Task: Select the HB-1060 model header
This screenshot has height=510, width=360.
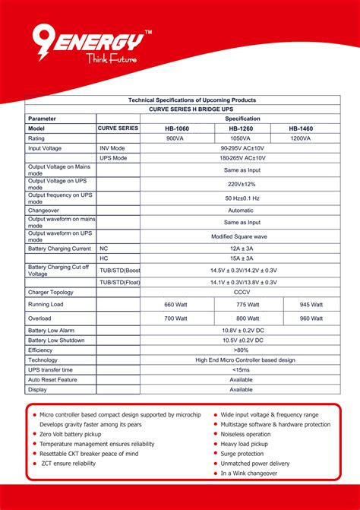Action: point(175,128)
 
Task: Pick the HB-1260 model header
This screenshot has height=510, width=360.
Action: point(240,128)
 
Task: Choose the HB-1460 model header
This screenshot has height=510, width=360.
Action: point(300,128)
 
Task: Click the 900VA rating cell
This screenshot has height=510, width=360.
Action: point(175,138)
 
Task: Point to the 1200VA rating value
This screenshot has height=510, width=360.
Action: point(300,138)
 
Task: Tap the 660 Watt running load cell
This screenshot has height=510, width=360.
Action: point(175,304)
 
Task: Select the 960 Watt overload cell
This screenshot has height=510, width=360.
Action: point(300,318)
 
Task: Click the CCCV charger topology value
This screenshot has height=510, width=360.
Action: point(241,292)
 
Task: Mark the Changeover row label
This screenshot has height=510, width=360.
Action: point(43,210)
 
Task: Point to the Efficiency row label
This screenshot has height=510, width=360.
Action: point(42,350)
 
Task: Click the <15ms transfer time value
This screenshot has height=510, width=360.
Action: point(241,369)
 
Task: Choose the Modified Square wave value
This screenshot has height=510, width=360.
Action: point(240,236)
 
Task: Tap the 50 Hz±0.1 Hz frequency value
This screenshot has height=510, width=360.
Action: point(241,198)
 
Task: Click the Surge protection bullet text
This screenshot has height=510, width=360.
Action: point(242,453)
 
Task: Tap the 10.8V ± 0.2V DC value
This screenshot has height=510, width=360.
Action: point(241,331)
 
